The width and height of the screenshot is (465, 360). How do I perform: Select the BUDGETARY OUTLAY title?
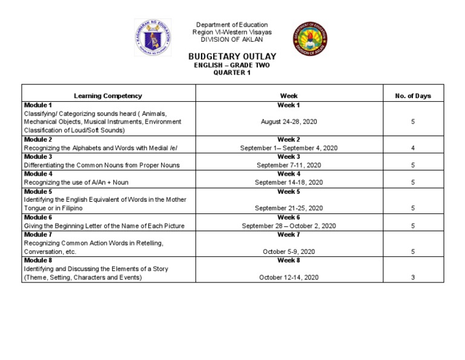[232, 56]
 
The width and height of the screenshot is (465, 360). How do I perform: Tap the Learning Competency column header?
[108, 96]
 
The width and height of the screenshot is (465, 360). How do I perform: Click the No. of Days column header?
[412, 96]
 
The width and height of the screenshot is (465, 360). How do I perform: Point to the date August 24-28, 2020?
[289, 122]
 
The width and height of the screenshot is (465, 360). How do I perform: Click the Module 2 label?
[38, 139]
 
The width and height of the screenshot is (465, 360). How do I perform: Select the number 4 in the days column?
[412, 148]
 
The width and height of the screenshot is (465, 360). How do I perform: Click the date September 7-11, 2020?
[289, 165]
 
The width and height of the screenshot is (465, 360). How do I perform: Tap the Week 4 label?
[289, 174]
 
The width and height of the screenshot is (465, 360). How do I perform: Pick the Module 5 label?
[38, 192]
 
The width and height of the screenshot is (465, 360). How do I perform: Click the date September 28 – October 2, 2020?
[289, 226]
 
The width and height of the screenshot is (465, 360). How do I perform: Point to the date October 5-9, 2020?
[289, 252]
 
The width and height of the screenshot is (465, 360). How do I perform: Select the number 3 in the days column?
[412, 278]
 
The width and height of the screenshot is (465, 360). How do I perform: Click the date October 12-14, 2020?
[289, 278]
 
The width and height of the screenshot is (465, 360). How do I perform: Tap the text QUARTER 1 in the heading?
[232, 73]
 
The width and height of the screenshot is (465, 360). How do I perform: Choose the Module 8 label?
[38, 261]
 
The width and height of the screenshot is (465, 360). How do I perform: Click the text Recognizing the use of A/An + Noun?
[76, 182]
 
